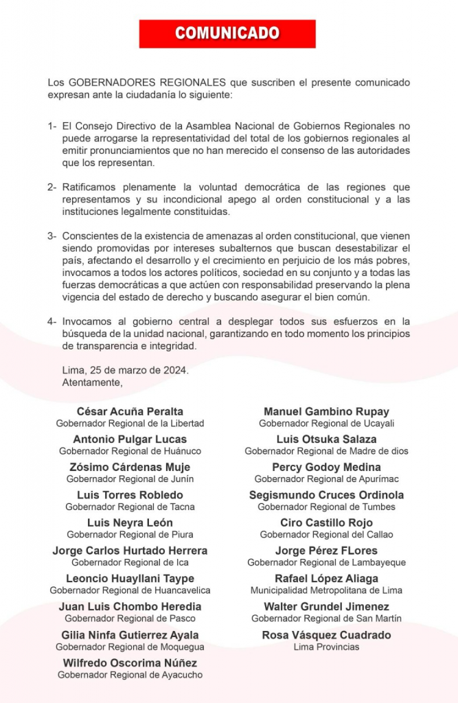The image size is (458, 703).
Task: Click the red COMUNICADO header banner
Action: [x=227, y=34]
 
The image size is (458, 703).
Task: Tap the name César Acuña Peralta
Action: [x=130, y=411]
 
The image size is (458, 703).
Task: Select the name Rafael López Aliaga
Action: [x=326, y=578]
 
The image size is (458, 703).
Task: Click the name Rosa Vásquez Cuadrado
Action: [x=326, y=635]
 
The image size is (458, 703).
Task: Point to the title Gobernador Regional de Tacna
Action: [x=130, y=507]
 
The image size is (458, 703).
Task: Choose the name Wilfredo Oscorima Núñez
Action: [x=130, y=662]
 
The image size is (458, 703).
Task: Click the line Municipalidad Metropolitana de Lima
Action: [x=326, y=590]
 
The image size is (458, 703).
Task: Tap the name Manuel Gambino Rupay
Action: [x=326, y=411]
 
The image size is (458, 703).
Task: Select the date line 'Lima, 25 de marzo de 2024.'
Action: [x=125, y=370]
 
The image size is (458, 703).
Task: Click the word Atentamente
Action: [x=92, y=382]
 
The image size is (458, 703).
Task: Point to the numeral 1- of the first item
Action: [x=52, y=126]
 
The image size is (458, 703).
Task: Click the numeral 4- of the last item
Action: [x=52, y=321]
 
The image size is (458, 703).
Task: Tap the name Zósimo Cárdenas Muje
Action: [x=130, y=467]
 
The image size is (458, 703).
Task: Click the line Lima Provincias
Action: [x=326, y=647]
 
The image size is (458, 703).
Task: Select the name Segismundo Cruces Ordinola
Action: [x=326, y=495]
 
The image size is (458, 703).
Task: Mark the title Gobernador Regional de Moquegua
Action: [x=130, y=647]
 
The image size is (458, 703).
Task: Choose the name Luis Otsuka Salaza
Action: [x=326, y=439]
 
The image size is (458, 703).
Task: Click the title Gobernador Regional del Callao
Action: [x=326, y=534]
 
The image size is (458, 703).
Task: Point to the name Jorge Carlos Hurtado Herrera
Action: [x=130, y=551]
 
